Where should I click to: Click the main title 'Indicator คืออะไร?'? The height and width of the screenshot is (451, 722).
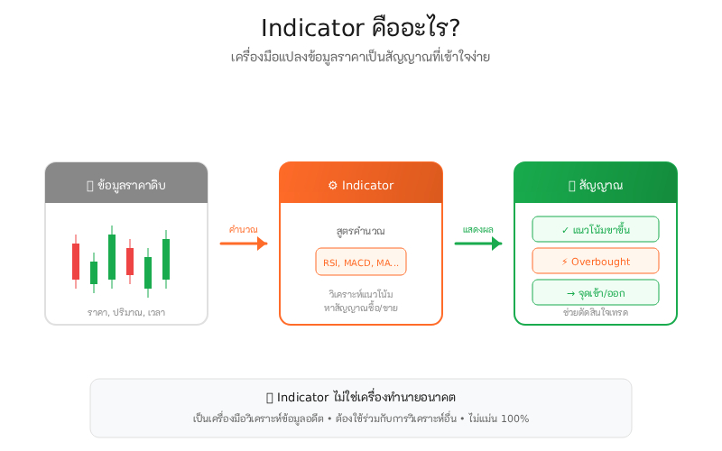click(x=360, y=28)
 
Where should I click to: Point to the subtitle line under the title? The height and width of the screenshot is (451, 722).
click(x=360, y=57)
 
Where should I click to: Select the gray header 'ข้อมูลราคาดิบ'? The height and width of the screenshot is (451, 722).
click(x=126, y=185)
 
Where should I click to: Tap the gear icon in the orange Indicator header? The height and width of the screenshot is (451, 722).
click(x=332, y=185)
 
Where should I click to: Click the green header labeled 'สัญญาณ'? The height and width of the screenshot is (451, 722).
click(x=596, y=185)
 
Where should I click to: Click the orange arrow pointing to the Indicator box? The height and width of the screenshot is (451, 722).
click(x=244, y=244)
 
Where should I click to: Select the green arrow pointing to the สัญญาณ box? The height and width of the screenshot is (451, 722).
click(x=478, y=244)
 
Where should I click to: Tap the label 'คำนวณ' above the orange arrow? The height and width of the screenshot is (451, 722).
click(x=244, y=230)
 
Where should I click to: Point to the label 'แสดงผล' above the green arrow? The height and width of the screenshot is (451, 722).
click(x=478, y=230)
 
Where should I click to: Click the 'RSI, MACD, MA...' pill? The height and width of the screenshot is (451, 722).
click(x=361, y=262)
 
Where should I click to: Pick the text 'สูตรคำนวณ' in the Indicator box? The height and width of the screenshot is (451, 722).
click(x=361, y=232)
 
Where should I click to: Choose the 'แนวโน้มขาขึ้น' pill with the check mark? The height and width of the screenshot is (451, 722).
click(x=596, y=230)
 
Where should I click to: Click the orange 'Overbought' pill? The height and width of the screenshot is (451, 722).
click(x=596, y=262)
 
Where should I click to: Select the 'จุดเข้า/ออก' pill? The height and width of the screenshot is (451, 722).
click(x=596, y=293)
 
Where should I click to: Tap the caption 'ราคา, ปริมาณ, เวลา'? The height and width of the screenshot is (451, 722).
click(x=126, y=312)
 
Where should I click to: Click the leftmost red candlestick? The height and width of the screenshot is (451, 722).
click(x=76, y=262)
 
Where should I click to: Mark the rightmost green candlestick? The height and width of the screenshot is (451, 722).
click(x=166, y=259)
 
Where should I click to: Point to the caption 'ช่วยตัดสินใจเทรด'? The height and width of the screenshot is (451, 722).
click(x=596, y=312)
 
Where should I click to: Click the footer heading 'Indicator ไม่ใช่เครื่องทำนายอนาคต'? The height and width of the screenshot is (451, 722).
click(x=361, y=398)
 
